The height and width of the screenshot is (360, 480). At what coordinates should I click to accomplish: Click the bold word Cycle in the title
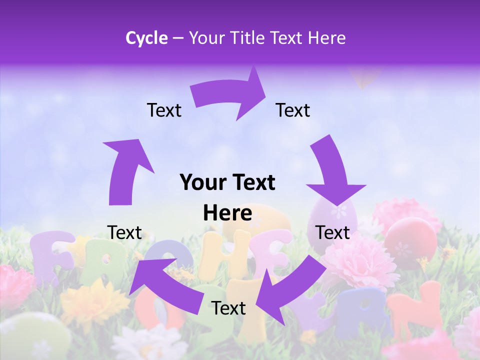146,38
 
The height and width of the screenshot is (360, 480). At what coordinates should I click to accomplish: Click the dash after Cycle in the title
178,38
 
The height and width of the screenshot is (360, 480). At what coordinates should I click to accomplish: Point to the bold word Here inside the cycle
227,213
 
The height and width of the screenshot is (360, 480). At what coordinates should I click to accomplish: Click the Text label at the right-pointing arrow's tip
293,110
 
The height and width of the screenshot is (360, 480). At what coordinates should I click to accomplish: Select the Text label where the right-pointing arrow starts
164,110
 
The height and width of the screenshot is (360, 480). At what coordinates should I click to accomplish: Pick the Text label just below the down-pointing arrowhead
332,232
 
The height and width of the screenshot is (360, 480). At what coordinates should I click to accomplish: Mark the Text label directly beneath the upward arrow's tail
124,232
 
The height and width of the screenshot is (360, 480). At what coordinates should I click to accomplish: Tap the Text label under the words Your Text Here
228,308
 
